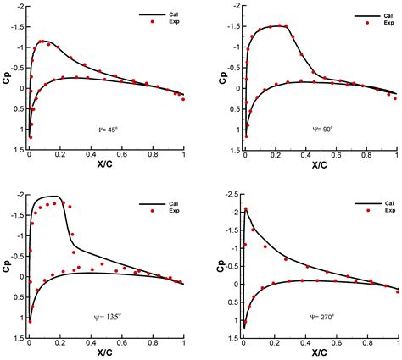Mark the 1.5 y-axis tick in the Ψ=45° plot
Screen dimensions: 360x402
(x=17, y=149)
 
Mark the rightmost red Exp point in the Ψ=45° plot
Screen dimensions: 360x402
(x=182, y=99)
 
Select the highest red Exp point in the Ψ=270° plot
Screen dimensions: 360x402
(x=246, y=209)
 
